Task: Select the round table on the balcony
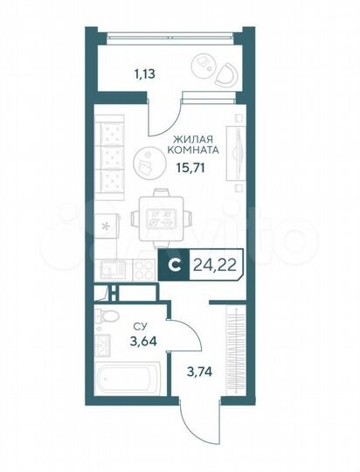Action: click(204, 62)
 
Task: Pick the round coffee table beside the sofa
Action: click(146, 161)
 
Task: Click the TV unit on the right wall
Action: click(234, 153)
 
